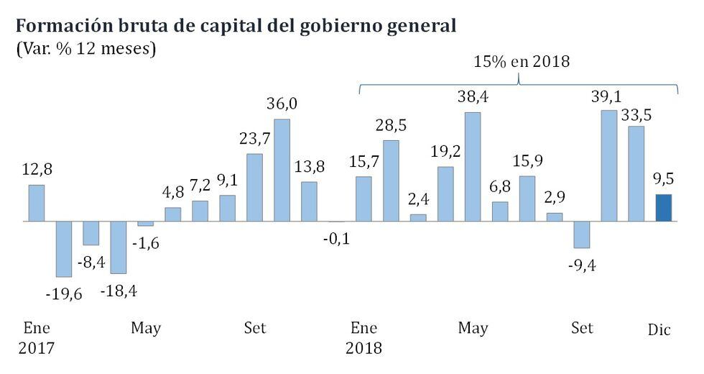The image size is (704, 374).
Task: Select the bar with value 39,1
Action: click(608, 165)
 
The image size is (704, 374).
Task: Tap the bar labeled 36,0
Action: click(282, 170)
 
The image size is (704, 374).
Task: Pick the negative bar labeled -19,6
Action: click(64, 248)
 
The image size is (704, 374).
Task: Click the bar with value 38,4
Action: click(473, 166)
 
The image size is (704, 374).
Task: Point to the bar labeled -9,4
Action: click(581, 234)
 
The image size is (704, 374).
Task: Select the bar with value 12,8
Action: click(37, 203)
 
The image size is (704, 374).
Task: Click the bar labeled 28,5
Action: click(391, 181)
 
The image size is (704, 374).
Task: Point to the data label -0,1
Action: click(336, 238)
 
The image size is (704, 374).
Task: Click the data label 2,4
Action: click(418, 199)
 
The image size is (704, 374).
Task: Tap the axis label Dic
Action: click(659, 329)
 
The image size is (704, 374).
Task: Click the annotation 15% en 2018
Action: click(521, 62)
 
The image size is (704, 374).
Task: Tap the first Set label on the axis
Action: click(254, 328)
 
